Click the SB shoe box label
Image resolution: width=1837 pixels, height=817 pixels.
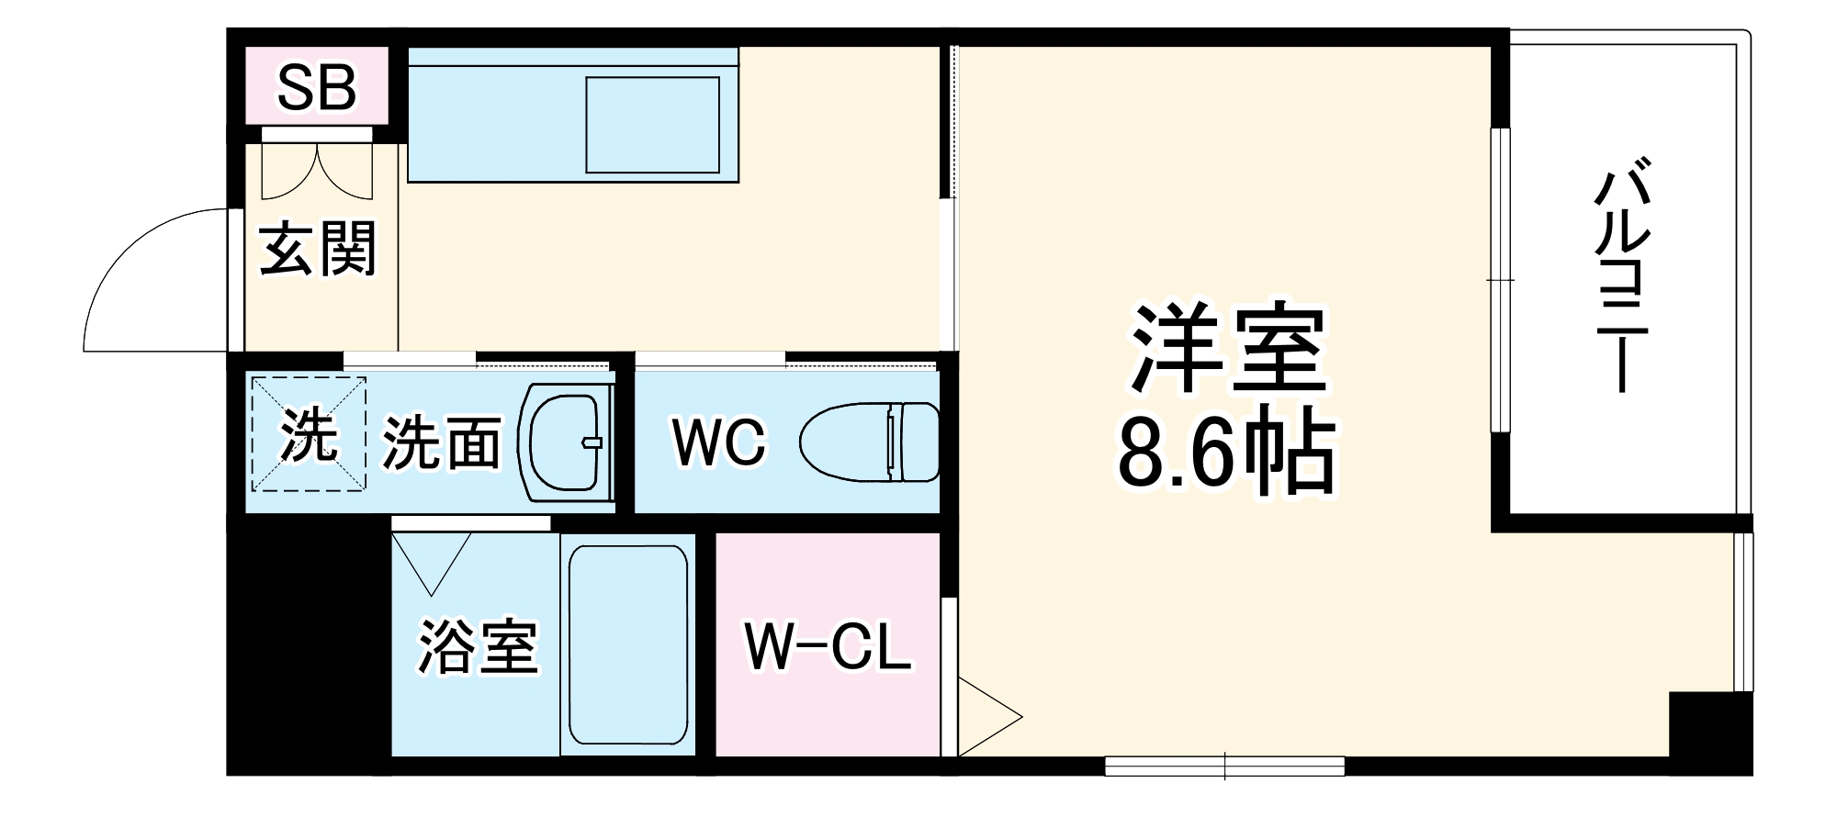pos(316,88)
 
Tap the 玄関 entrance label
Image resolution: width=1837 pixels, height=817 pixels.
pos(318,249)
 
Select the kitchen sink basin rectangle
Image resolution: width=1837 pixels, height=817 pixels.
pos(653,124)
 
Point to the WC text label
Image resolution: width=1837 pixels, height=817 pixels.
pos(718,443)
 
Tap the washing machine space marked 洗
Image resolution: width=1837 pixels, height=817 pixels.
pos(308,433)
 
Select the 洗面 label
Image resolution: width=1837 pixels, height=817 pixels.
pos(442,443)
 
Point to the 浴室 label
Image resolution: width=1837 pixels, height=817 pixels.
pos(478,646)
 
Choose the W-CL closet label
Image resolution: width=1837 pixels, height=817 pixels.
pos(828,647)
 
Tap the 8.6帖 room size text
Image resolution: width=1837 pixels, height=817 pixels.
pos(1225,452)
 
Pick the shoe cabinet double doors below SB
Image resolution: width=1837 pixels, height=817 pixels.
pos(318,171)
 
